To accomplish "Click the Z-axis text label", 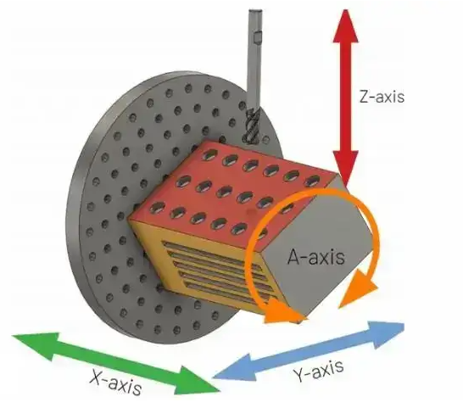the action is click(382, 96).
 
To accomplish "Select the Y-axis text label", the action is click(319, 370).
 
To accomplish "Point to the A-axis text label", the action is click(316, 256).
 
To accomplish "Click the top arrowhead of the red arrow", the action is click(346, 25).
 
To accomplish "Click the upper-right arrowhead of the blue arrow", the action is click(388, 334).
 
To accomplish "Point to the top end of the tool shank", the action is click(255, 12).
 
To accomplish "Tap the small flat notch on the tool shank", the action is click(258, 38).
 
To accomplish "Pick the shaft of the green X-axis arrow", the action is click(118, 363).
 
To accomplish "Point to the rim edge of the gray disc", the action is click(72, 207).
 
